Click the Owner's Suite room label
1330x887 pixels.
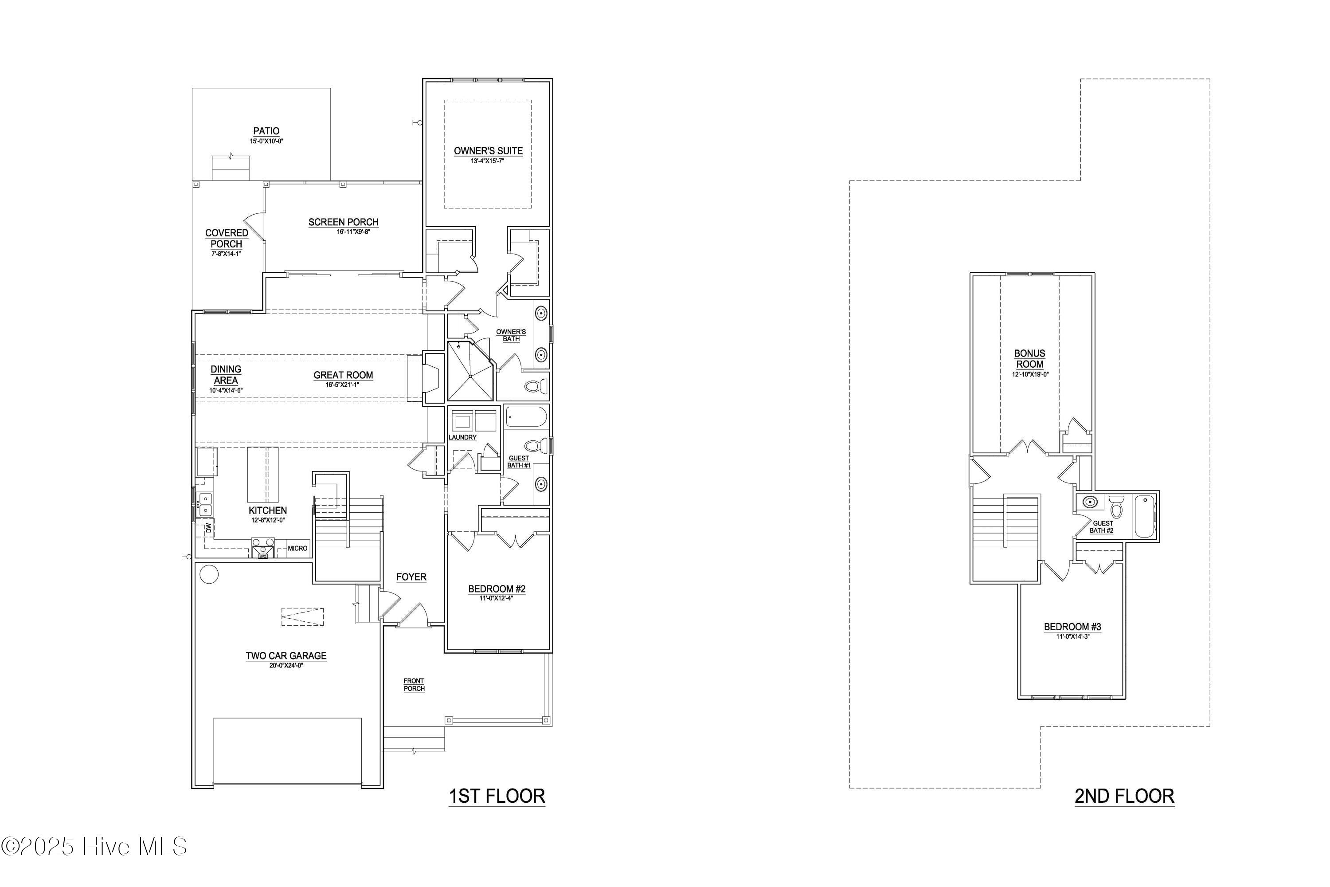coord(488,151)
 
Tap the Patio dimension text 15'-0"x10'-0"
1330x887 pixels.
coord(266,141)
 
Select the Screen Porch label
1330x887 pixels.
coord(343,222)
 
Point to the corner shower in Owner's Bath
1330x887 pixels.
coord(470,371)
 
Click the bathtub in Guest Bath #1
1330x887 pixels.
coord(526,417)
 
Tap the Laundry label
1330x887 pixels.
coord(462,437)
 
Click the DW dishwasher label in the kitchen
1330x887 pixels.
coord(208,528)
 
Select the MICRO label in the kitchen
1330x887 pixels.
coord(297,548)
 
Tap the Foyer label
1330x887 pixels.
coord(411,577)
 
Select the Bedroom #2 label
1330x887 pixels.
coord(497,589)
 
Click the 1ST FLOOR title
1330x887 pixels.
coord(497,796)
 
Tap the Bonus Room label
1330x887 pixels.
coord(1029,359)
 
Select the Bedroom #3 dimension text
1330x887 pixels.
coord(1072,636)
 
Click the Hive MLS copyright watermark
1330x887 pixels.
coord(94,847)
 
